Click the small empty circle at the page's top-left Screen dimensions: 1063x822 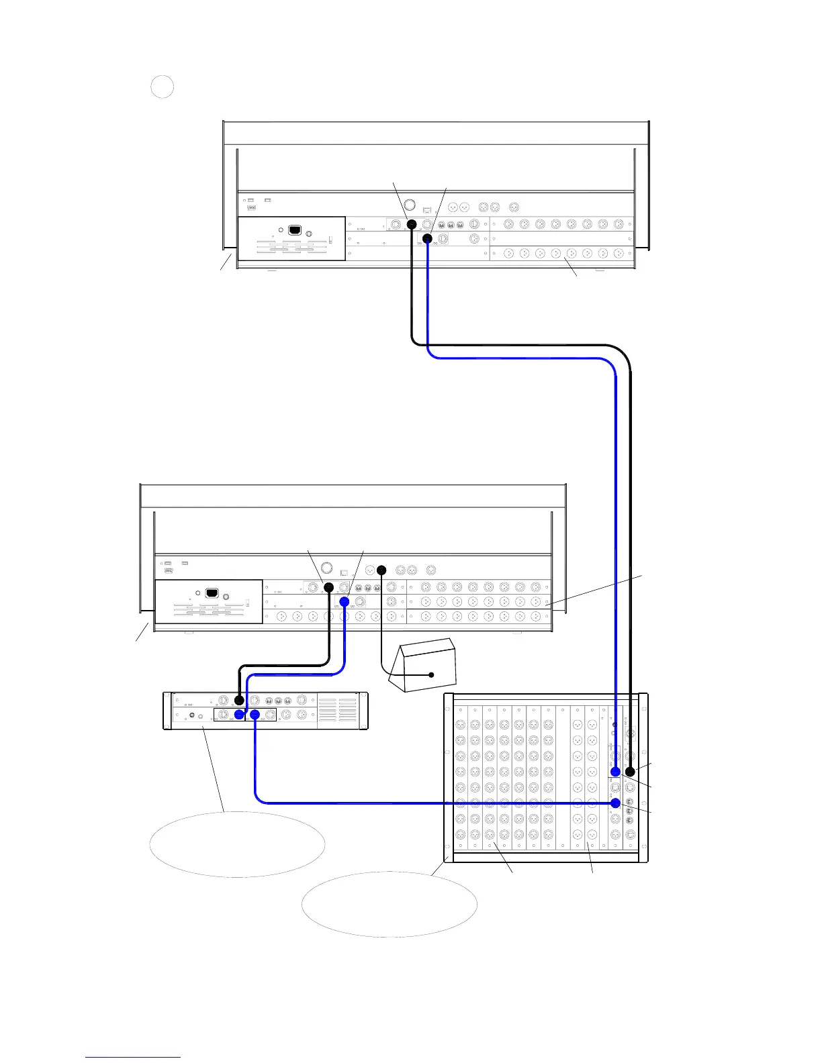(x=162, y=87)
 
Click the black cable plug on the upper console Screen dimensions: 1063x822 (x=412, y=224)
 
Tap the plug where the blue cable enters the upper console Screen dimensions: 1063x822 (x=427, y=238)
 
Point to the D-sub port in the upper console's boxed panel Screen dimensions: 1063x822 (x=294, y=230)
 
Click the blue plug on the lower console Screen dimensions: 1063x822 (x=345, y=601)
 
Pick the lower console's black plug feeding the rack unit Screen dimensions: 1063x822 (x=329, y=587)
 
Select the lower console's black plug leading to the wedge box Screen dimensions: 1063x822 (x=382, y=570)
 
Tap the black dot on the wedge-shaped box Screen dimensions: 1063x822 (x=432, y=674)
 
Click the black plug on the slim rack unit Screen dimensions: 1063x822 (x=239, y=700)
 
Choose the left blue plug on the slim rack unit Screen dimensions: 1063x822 (x=239, y=715)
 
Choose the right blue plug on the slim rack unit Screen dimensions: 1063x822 (x=255, y=715)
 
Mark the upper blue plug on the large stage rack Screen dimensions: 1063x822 (x=615, y=772)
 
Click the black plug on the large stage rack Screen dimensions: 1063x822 (x=630, y=772)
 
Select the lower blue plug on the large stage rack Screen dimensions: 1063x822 (x=615, y=803)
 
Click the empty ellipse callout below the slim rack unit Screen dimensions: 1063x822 (x=237, y=844)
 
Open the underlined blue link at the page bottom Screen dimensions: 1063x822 (x=133, y=1057)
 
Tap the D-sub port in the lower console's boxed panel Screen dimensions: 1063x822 (x=212, y=593)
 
